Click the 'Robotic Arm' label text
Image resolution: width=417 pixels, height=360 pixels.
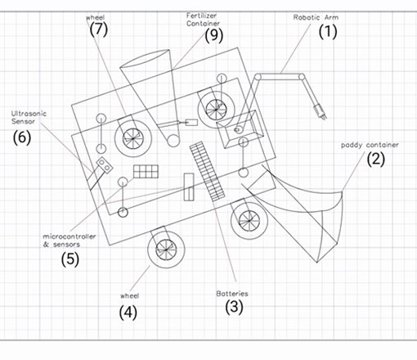316,17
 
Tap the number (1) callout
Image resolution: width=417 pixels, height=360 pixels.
328,32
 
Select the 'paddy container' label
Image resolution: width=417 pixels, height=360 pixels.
370,145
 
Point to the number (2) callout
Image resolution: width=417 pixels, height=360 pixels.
376,160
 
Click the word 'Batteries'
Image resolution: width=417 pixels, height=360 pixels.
232,294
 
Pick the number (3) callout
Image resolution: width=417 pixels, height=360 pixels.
234,307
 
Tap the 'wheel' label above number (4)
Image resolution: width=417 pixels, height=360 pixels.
130,296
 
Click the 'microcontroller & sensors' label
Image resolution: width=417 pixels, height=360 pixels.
69,241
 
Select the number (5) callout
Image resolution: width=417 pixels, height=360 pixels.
70,259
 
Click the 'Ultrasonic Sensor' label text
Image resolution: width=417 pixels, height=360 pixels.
29,118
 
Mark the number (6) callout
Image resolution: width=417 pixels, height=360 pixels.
22,137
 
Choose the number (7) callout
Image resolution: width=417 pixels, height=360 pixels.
99,29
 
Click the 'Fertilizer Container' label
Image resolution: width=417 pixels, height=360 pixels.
203,20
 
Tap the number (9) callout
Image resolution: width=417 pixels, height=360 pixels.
214,35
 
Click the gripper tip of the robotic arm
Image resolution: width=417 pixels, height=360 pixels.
323,116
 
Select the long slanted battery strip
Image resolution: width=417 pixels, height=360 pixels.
208,172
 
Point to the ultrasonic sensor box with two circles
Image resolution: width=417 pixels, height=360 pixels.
105,165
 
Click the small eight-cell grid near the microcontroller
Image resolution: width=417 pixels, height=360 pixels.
146,172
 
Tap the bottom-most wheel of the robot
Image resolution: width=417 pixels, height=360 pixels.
166,250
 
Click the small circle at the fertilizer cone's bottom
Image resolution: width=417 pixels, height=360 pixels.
173,141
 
